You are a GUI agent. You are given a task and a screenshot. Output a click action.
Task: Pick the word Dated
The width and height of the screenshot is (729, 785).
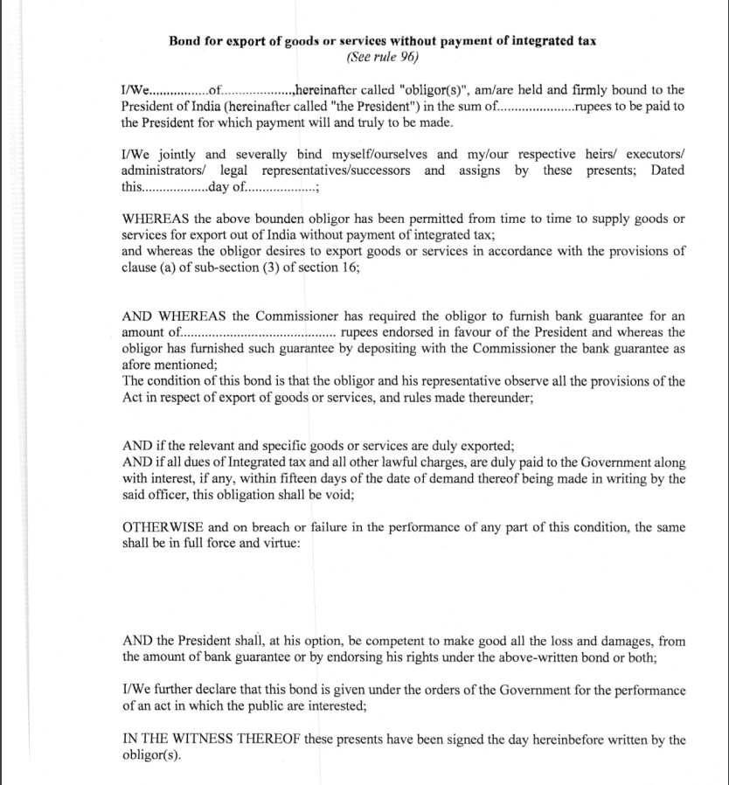(x=667, y=170)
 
